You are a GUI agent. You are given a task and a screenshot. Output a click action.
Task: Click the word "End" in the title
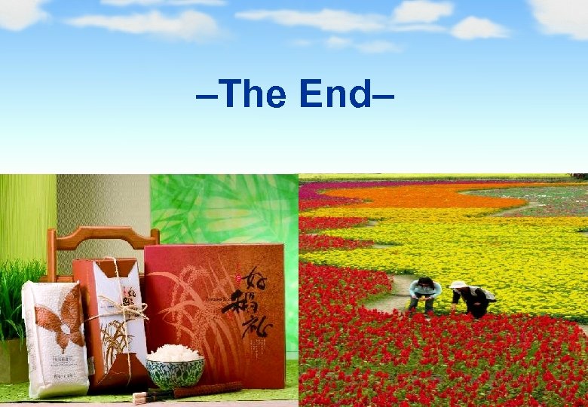pyautogui.click(x=335, y=94)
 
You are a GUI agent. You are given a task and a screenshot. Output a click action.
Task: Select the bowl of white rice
pyautogui.click(x=174, y=369)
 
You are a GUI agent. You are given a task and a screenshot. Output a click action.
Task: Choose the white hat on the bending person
pyautogui.click(x=458, y=285)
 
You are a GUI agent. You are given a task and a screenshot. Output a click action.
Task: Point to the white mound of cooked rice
pyautogui.click(x=174, y=353)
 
